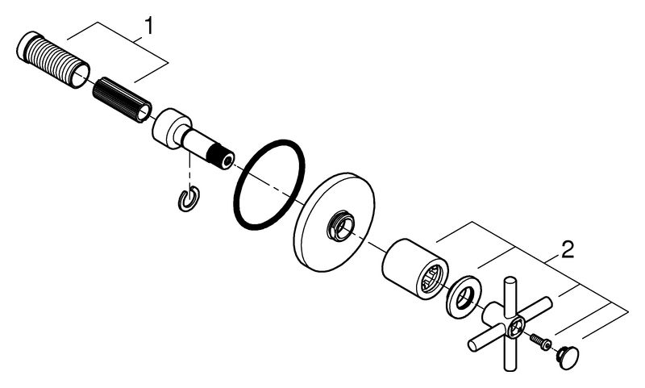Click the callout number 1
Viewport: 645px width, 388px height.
tap(148, 26)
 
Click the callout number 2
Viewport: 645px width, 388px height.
tap(568, 250)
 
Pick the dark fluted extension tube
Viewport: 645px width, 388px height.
tap(123, 99)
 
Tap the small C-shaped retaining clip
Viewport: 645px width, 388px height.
tap(189, 198)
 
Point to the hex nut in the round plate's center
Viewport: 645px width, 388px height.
tap(341, 226)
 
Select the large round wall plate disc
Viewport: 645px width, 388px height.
tap(334, 222)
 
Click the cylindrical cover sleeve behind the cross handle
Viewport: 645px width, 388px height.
tap(415, 269)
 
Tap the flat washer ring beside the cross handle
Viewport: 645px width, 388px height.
tap(464, 297)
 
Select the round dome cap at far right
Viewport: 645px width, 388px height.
tap(568, 357)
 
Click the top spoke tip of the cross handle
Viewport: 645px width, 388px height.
tap(510, 280)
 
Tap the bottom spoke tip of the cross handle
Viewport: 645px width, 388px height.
tap(510, 366)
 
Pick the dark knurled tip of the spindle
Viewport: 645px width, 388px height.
tap(220, 156)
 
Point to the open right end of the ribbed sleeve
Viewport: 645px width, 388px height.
tap(80, 74)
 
